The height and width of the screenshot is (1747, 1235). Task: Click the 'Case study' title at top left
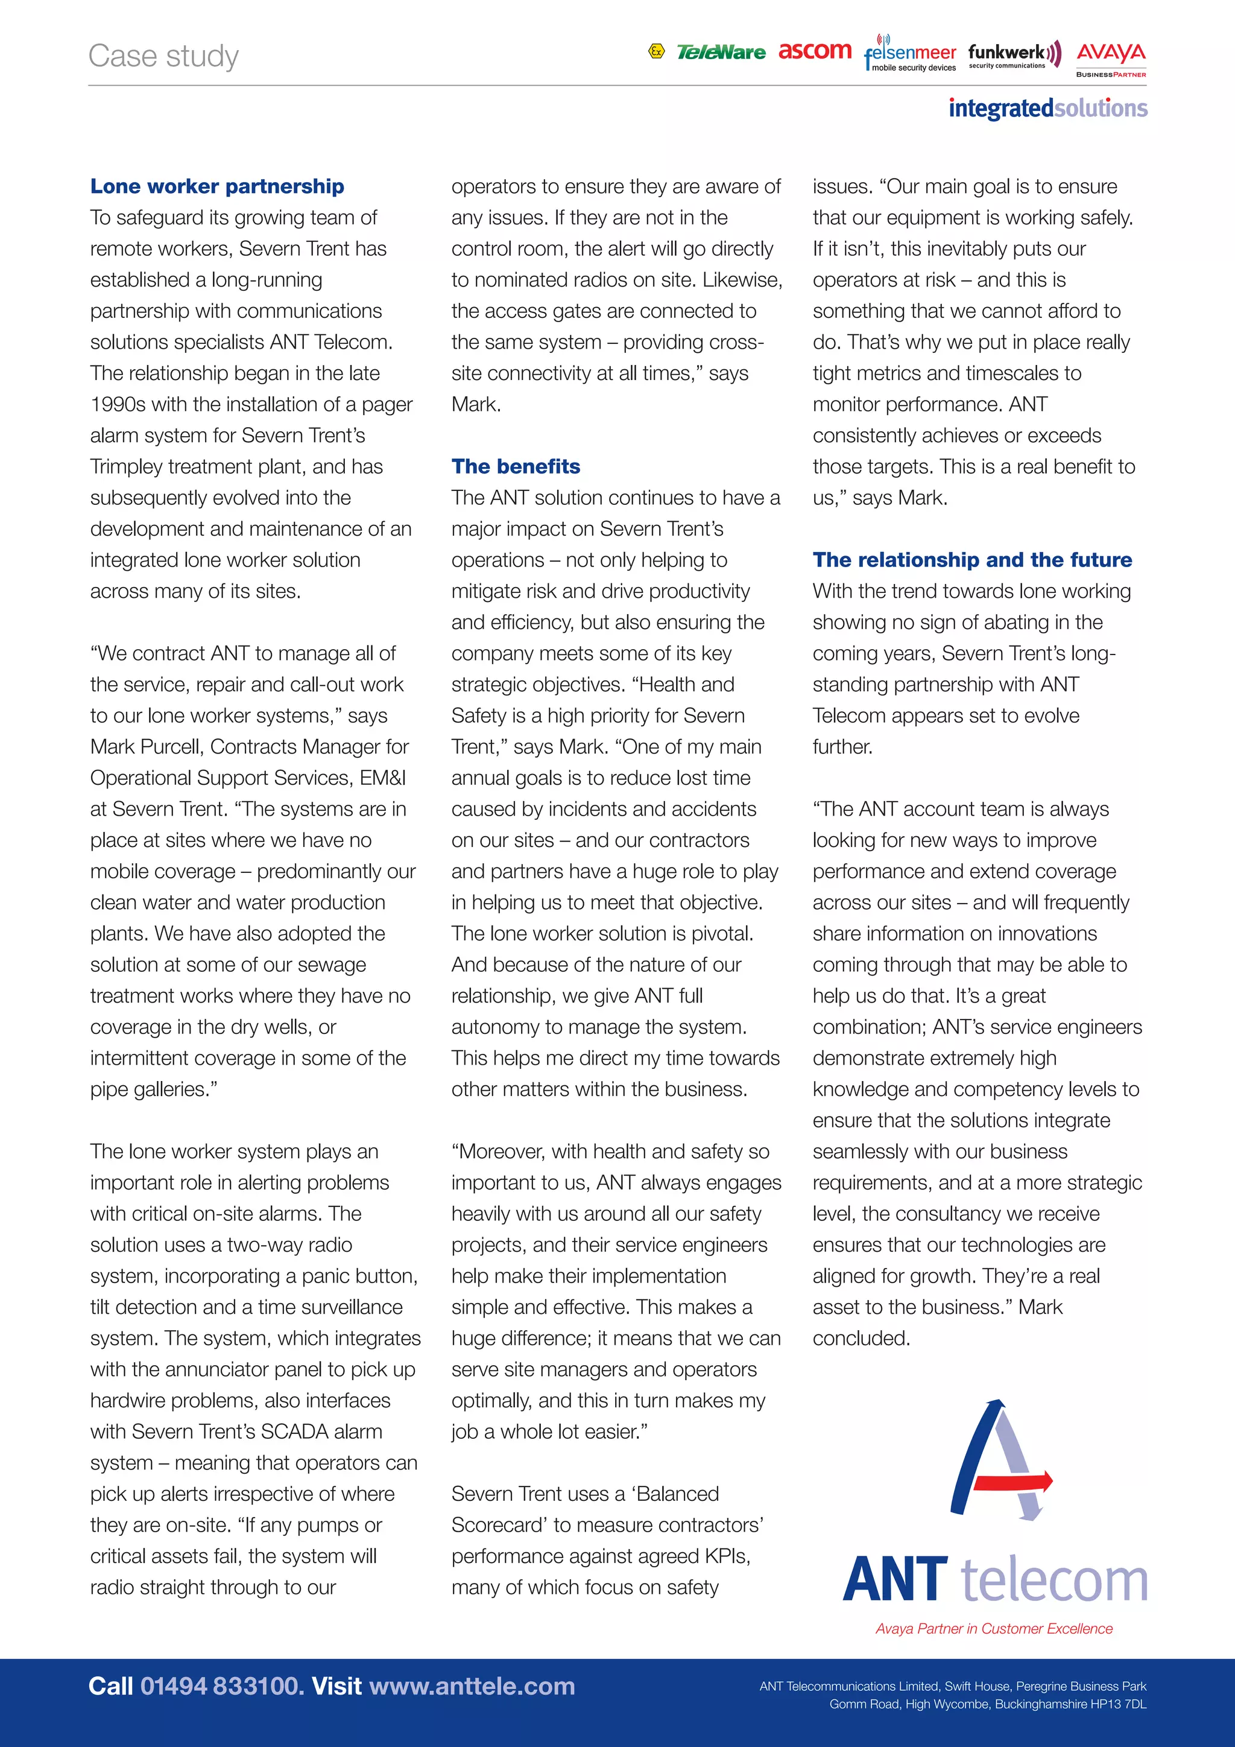pyautogui.click(x=163, y=56)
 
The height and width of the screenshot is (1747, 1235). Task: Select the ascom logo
pyautogui.click(x=815, y=51)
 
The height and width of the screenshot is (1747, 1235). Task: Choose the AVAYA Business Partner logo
pyautogui.click(x=1111, y=59)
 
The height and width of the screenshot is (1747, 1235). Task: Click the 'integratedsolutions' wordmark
pyautogui.click(x=1047, y=108)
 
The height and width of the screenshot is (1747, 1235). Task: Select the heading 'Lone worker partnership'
pyautogui.click(x=216, y=186)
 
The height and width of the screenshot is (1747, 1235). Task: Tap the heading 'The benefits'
pyautogui.click(x=516, y=466)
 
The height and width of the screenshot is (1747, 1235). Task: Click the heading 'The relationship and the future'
pyautogui.click(x=972, y=560)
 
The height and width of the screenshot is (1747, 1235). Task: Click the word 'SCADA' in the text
pyautogui.click(x=296, y=1432)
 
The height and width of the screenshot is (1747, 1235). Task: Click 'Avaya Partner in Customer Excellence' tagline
pyautogui.click(x=993, y=1628)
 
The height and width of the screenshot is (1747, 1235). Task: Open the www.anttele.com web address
pyautogui.click(x=472, y=1685)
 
